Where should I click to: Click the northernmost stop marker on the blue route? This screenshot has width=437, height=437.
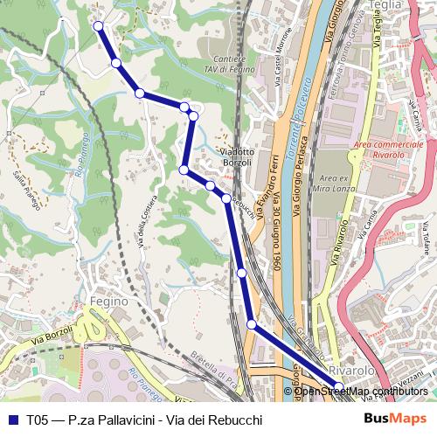click(98, 26)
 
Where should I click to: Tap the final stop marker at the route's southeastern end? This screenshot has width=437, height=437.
click(339, 385)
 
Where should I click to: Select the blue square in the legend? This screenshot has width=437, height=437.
click(12, 420)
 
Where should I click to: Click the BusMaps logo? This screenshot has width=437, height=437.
click(395, 420)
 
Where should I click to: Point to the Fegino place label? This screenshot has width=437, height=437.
click(108, 301)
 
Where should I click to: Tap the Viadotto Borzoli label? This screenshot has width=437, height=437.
click(236, 156)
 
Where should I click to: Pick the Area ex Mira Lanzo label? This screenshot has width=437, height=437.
click(336, 184)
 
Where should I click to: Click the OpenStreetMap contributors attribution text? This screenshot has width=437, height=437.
click(362, 392)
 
